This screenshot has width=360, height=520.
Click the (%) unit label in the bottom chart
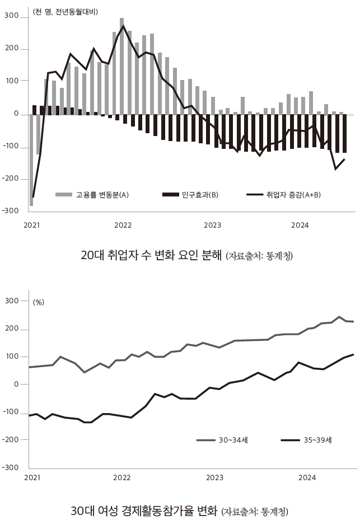(39, 302)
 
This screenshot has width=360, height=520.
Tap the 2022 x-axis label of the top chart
(123, 225)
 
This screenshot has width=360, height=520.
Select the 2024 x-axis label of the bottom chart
(307, 477)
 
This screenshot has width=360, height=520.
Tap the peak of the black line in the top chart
(124, 26)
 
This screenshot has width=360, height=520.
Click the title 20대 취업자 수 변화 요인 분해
(151, 256)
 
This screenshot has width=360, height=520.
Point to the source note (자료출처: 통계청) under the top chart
(259, 256)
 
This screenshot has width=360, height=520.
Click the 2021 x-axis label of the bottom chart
(32, 477)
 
